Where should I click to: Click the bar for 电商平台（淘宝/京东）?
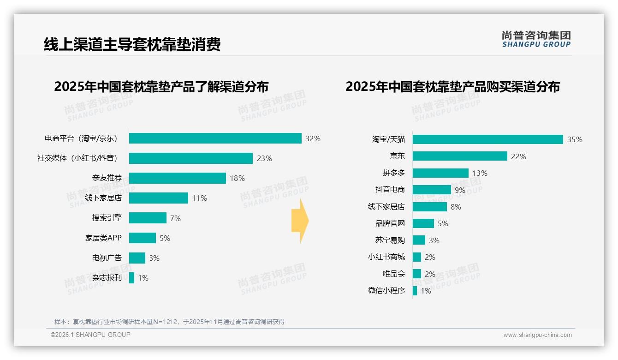(215, 138)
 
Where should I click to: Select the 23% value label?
(264, 158)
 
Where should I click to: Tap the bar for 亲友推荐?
(177, 178)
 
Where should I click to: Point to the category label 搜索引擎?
(107, 218)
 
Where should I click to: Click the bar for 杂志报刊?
(131, 278)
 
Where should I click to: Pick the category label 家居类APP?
(103, 238)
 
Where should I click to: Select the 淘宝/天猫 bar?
(487, 139)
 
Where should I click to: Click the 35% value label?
(575, 139)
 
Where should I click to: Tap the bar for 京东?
(460, 156)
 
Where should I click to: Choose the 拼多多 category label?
(393, 173)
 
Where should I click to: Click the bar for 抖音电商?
(432, 190)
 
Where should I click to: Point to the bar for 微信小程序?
(415, 291)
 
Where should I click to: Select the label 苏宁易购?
(390, 240)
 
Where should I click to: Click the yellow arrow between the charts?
(300, 221)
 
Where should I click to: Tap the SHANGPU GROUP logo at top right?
(536, 39)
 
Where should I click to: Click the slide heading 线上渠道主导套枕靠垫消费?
(132, 44)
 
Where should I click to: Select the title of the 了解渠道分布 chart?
(161, 87)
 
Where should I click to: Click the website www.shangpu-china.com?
(537, 335)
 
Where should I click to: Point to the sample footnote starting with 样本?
(169, 322)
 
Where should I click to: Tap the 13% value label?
(480, 173)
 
